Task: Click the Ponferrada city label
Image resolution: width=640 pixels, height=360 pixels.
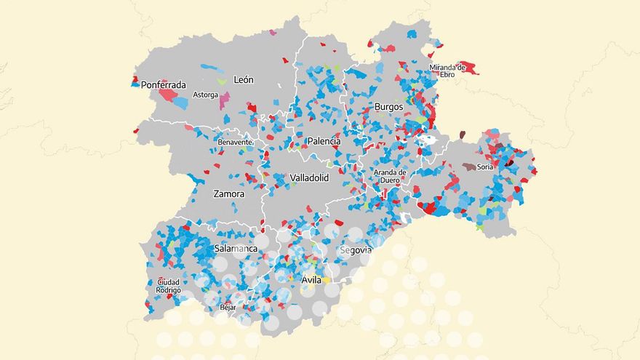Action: tap(164, 84)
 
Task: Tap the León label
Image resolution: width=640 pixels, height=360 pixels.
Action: tap(243, 79)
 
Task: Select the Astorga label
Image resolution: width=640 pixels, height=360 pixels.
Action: tap(204, 95)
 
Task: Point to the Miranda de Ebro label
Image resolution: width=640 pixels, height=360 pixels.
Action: tap(447, 71)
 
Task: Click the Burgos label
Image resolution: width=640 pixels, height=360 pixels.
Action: tap(388, 107)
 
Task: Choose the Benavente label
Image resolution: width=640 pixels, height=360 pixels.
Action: tap(235, 142)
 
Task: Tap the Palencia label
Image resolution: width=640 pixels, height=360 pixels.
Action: tap(324, 141)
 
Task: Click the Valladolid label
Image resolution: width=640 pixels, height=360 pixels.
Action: tap(309, 177)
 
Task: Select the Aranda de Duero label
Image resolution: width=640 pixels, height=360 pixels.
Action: tap(389, 176)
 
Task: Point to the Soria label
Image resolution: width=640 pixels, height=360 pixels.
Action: tap(486, 167)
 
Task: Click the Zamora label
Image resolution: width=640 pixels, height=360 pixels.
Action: tap(228, 194)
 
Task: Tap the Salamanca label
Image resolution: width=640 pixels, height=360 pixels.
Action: tap(236, 249)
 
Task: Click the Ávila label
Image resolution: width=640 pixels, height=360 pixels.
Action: tap(311, 279)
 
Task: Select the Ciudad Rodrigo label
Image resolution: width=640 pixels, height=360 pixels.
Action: tap(168, 286)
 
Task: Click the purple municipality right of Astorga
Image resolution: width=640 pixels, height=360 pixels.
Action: tap(225, 99)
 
